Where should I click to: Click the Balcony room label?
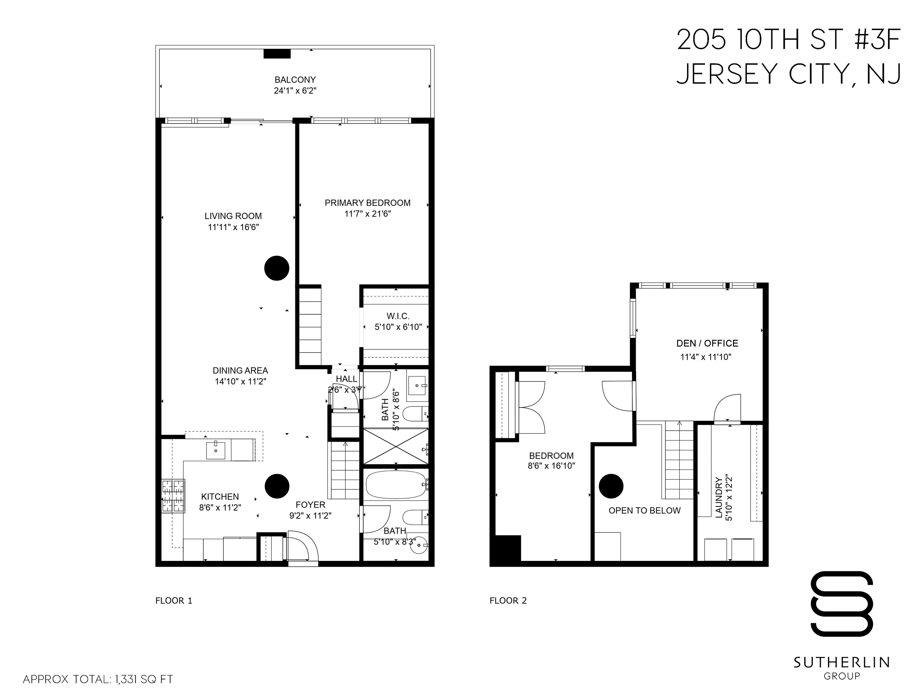(295, 79)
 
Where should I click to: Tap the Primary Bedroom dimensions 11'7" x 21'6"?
(368, 214)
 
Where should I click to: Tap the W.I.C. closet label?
(398, 316)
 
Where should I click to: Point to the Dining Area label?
(240, 371)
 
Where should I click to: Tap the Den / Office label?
(707, 343)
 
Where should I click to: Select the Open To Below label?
(644, 510)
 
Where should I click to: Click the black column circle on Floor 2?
(611, 486)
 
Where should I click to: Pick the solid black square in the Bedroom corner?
(507, 548)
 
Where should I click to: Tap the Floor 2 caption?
(508, 601)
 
